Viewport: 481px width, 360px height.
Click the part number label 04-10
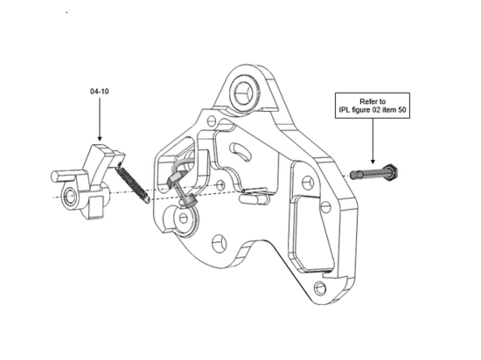click(x=99, y=90)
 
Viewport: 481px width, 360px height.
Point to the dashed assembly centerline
click(x=219, y=187)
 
